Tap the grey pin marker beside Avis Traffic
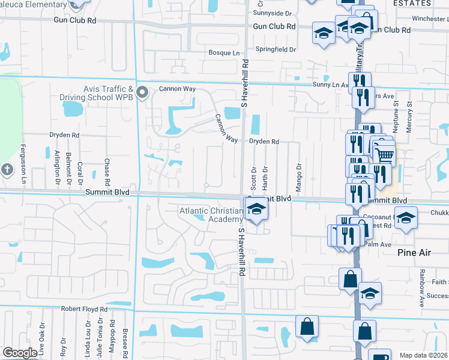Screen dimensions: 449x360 [x=142, y=92]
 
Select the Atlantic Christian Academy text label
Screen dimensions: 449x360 [x=210, y=215]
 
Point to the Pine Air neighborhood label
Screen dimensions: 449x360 [x=414, y=253]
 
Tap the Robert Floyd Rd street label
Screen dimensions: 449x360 [x=84, y=309]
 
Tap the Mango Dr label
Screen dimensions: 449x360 [x=298, y=172]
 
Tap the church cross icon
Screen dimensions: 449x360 [x=7, y=170]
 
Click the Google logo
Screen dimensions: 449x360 [x=20, y=353]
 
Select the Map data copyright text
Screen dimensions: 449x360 [x=423, y=355]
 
